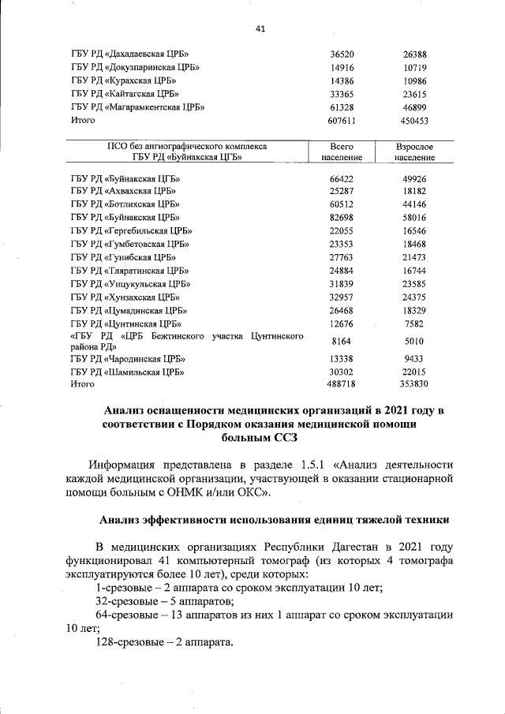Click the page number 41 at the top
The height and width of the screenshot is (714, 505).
click(260, 29)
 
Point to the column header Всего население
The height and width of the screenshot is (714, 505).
click(342, 152)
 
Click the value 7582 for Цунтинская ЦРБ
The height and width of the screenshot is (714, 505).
click(414, 323)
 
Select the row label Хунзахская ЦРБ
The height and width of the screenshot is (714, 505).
click(123, 297)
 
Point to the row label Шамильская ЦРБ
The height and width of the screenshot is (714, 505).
click(126, 371)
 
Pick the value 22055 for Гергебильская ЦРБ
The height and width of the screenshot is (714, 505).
click(342, 230)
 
